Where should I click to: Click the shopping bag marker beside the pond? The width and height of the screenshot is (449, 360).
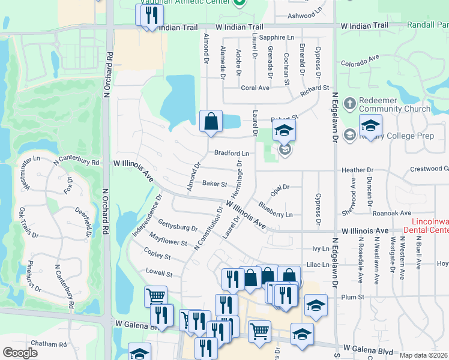click(x=211, y=121)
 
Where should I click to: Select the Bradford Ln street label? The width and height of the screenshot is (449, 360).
click(x=231, y=153)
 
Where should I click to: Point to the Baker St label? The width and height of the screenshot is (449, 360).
click(x=214, y=184)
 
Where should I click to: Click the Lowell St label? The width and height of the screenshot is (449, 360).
click(x=159, y=274)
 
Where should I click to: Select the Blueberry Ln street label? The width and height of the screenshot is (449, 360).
click(x=276, y=210)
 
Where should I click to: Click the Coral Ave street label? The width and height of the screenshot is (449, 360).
click(x=255, y=88)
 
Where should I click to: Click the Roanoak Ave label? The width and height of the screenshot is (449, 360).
click(x=391, y=212)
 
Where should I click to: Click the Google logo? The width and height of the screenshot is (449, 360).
click(x=20, y=353)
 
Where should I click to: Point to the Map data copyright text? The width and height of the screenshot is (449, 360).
click(x=423, y=355)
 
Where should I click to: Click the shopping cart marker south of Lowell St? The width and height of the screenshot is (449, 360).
click(x=155, y=296)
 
